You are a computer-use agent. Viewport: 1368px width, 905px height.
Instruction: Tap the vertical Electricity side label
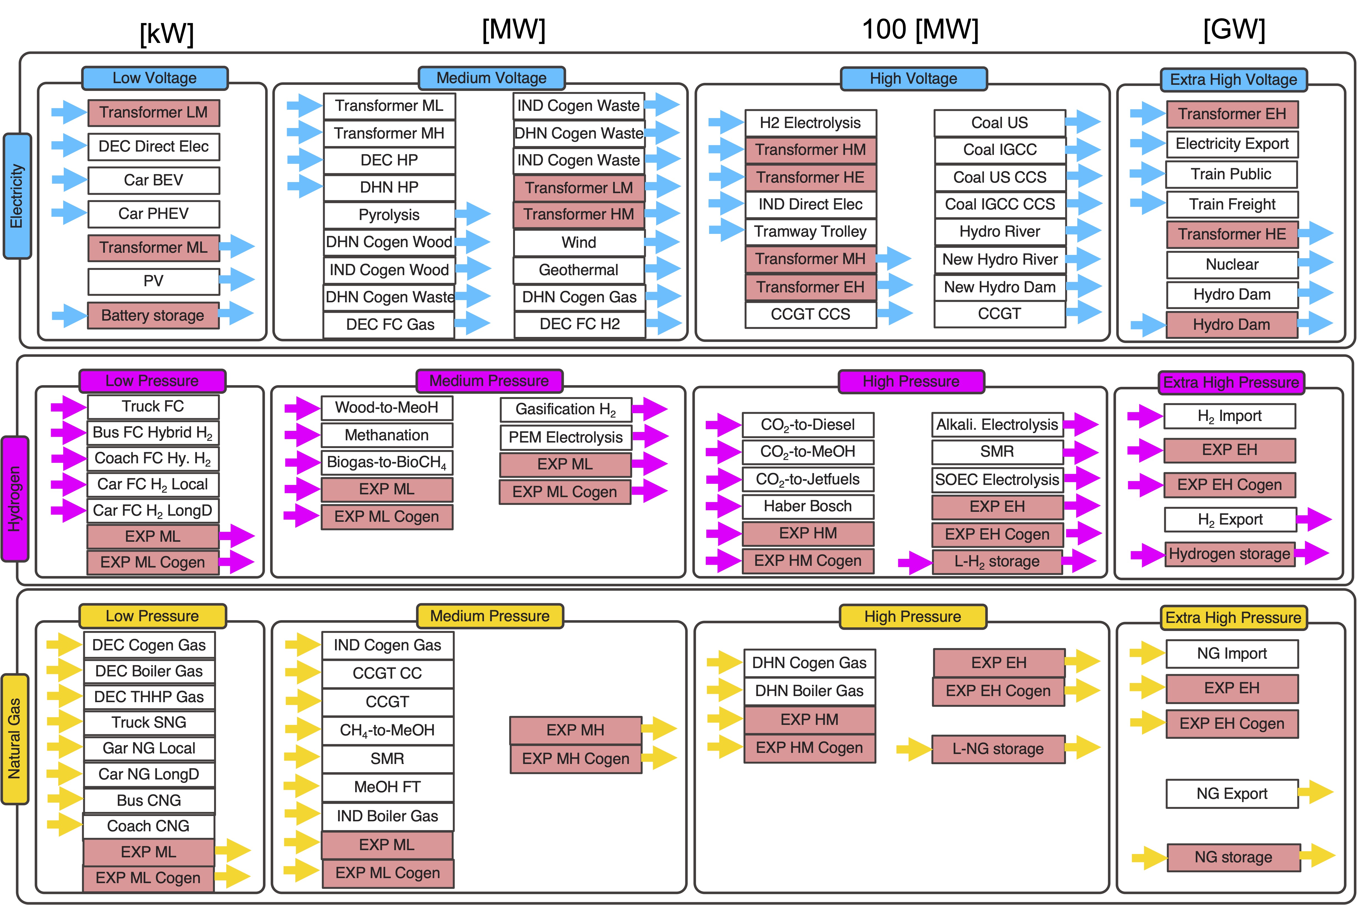point(17,196)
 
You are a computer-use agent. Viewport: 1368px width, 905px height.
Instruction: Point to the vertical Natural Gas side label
point(14,739)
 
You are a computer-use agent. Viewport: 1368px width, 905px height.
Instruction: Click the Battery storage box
point(153,315)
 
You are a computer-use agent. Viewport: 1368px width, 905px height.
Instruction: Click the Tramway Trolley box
point(810,231)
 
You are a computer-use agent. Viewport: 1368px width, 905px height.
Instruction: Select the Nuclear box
point(1232,264)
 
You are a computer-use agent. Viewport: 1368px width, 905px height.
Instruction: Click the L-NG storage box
point(998,749)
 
